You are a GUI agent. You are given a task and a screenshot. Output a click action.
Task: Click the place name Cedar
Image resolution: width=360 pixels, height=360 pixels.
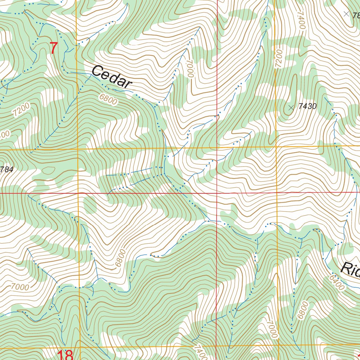111,77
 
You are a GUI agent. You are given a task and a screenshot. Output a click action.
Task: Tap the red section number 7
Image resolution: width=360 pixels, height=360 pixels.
53,48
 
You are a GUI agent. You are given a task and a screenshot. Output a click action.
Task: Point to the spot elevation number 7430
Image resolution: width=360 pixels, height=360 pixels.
308,107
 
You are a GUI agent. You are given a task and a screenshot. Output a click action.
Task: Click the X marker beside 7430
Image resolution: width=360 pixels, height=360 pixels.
291,108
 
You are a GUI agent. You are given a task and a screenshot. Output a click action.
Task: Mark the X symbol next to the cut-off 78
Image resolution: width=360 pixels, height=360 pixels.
346,14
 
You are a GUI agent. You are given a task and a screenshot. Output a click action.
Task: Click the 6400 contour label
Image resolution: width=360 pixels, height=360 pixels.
337,282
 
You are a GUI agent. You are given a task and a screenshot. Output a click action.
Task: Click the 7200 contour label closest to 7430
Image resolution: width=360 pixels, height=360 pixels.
279,58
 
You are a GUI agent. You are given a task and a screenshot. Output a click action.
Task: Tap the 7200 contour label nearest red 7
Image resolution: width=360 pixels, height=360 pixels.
21,110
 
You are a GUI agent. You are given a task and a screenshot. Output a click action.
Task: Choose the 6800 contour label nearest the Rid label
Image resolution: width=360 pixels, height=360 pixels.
302,310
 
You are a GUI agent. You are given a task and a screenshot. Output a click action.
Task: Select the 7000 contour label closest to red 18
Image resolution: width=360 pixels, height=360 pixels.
20,287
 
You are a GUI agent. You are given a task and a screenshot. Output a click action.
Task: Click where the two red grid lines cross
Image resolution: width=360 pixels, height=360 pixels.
217,193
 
